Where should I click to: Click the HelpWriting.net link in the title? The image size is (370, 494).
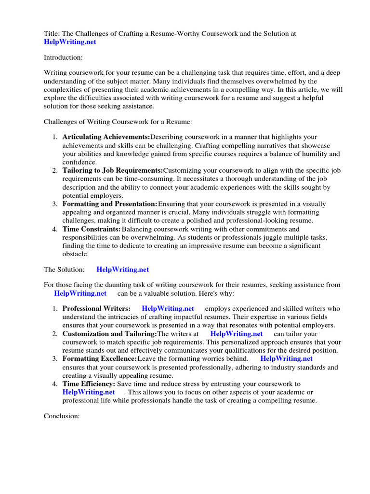70,42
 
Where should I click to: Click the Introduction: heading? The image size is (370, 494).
63,57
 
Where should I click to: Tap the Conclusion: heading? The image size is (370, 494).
62,416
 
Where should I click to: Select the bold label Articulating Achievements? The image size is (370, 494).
106,137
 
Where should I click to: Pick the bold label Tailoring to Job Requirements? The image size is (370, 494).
113,171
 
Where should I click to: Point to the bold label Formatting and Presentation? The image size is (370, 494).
110,204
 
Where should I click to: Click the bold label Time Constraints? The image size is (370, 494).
92,229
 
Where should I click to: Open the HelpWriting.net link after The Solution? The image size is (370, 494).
123,270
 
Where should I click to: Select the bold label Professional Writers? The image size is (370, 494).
96,308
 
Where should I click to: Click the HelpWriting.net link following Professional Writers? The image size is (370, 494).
168,308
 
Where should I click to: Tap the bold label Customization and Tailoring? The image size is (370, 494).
110,333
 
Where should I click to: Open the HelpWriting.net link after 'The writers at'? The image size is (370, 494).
237,333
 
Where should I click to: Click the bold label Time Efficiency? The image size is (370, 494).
89,384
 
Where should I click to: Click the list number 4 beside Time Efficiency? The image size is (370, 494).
55,384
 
